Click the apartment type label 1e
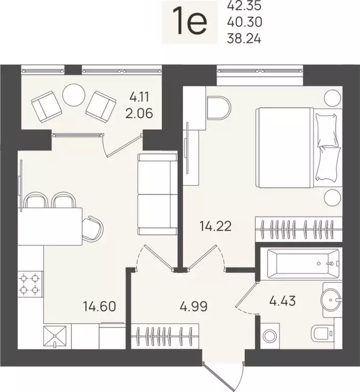tap(191, 22)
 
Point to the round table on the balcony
tap(74, 94)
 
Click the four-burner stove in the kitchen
tap(30, 283)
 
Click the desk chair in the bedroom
tap(220, 109)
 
